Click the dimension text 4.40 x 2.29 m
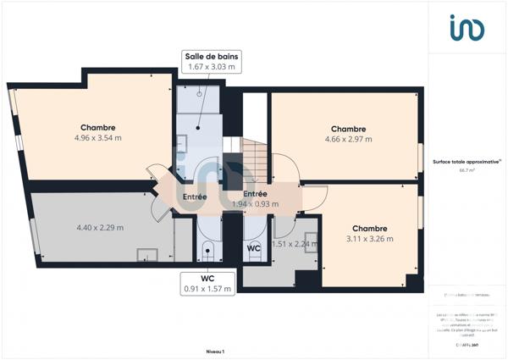tap(100, 227)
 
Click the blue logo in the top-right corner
tap(467, 29)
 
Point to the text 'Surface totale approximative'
tap(465, 161)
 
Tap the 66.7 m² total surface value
tap(467, 170)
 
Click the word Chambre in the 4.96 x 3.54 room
tap(97, 128)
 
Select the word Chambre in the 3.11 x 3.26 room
tap(370, 228)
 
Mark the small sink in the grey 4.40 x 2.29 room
tap(147, 253)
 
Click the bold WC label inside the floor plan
tap(253, 248)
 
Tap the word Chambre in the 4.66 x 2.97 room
tap(347, 128)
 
